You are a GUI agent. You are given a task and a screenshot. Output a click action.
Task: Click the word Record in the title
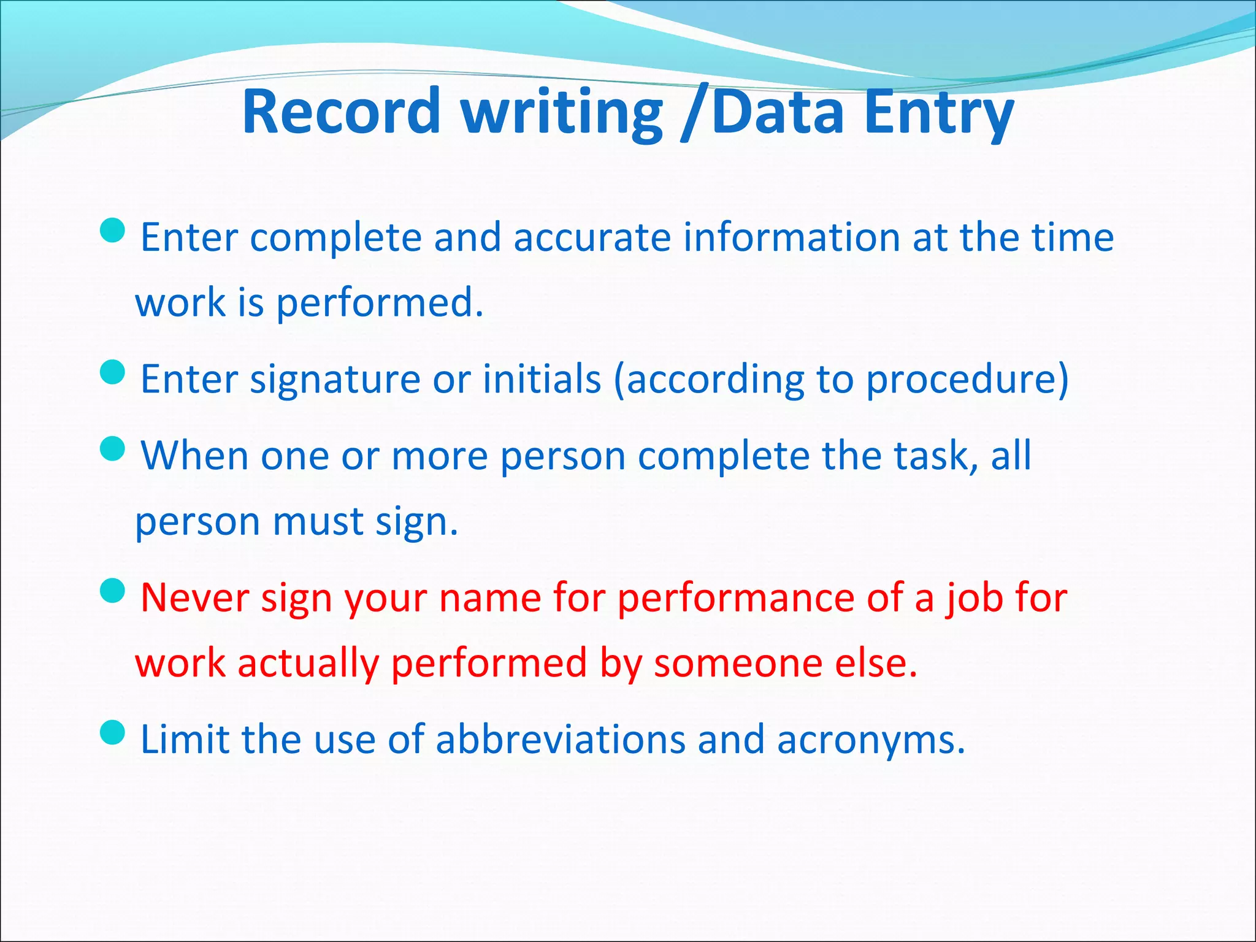click(x=341, y=112)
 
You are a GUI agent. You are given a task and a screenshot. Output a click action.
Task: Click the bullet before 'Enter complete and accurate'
click(x=112, y=231)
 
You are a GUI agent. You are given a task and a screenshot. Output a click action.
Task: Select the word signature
click(x=335, y=379)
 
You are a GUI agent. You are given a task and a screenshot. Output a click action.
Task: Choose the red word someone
click(x=738, y=664)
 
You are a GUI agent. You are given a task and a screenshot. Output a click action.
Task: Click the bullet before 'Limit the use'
click(x=112, y=732)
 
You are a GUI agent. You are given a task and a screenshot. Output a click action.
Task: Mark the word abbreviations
click(x=561, y=740)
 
